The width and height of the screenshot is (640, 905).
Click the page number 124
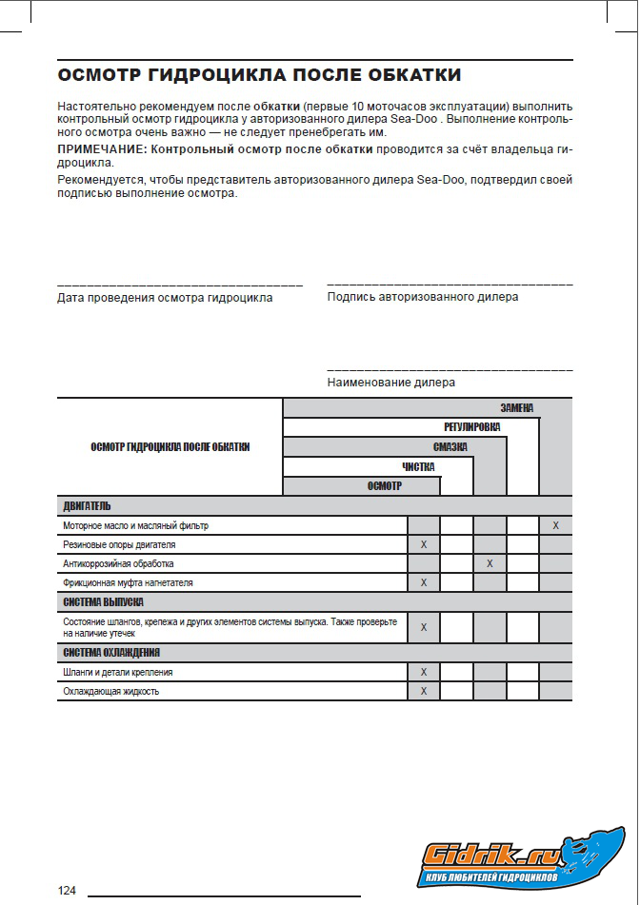[x=67, y=891]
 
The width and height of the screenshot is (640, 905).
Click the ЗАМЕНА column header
[x=517, y=408]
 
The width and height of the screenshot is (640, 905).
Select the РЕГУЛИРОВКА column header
[x=471, y=427]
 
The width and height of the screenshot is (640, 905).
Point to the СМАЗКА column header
[x=450, y=447]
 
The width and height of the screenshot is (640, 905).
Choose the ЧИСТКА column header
[x=418, y=467]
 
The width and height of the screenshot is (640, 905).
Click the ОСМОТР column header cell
[x=385, y=486]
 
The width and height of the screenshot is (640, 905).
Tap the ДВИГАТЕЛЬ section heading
[x=88, y=506]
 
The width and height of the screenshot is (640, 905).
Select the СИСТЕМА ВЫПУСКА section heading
[x=104, y=602]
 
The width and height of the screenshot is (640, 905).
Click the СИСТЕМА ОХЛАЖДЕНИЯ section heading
[x=111, y=653]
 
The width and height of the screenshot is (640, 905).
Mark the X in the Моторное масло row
[x=555, y=525]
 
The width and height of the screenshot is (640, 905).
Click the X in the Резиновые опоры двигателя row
[x=424, y=544]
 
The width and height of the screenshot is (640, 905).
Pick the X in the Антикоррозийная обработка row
[x=490, y=563]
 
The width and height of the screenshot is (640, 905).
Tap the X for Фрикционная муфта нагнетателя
[x=424, y=582]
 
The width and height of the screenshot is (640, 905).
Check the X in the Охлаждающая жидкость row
[x=424, y=691]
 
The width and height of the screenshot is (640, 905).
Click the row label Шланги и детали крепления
[x=118, y=672]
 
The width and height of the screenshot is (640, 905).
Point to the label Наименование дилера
[x=390, y=383]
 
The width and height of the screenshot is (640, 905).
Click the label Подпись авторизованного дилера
[x=423, y=297]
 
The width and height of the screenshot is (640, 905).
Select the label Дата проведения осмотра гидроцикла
[x=165, y=298]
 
